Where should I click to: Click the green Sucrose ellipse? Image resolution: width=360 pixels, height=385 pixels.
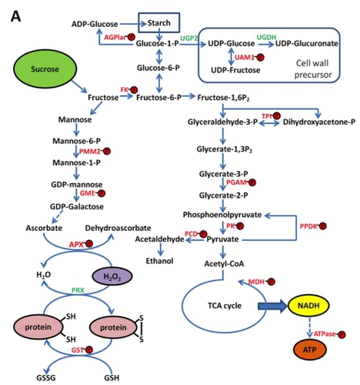[x=45, y=69]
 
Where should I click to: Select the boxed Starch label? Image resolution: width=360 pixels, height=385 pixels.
[x=159, y=23]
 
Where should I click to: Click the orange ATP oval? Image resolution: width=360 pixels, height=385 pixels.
[x=309, y=350]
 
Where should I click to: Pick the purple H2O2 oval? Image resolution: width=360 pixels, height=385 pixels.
[x=112, y=276]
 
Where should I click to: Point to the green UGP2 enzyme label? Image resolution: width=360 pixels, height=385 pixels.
[x=189, y=38]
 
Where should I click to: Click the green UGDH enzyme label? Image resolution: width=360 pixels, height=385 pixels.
[x=266, y=37]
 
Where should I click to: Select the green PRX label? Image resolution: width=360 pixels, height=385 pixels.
[x=78, y=290]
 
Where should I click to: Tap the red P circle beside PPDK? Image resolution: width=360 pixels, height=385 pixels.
[x=323, y=226]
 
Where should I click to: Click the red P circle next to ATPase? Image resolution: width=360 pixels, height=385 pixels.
[x=342, y=334]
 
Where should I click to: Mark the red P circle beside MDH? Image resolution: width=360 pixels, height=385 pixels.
[x=272, y=282]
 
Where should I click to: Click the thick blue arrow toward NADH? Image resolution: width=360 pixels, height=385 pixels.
[x=272, y=306]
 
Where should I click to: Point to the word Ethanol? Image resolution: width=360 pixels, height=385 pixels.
[x=159, y=261]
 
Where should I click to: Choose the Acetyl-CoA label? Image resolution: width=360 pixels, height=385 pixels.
[x=224, y=264]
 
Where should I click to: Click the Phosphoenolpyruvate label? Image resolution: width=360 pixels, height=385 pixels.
[x=222, y=215]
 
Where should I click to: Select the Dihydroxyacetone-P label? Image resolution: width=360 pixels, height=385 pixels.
[x=319, y=122]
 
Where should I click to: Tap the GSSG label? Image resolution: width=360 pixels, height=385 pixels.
[x=46, y=378]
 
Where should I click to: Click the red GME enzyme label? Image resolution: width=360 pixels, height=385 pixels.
[x=88, y=193]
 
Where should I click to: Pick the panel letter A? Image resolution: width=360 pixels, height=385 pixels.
[x=16, y=17]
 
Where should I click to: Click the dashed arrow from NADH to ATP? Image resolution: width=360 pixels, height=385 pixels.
[x=309, y=327]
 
